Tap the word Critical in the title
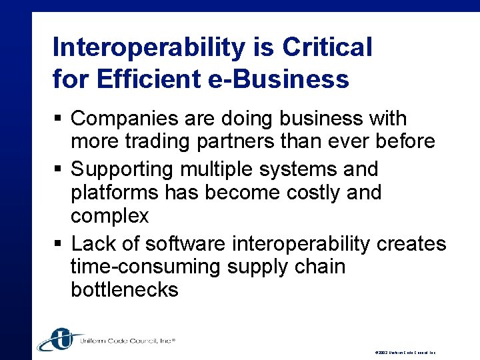click(x=327, y=48)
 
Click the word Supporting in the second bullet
click(x=124, y=169)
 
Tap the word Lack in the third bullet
click(x=93, y=243)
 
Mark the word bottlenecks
click(x=124, y=290)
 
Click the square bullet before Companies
click(x=58, y=119)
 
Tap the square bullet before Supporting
click(x=58, y=169)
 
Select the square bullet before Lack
click(x=58, y=244)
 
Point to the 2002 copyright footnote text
click(x=405, y=352)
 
